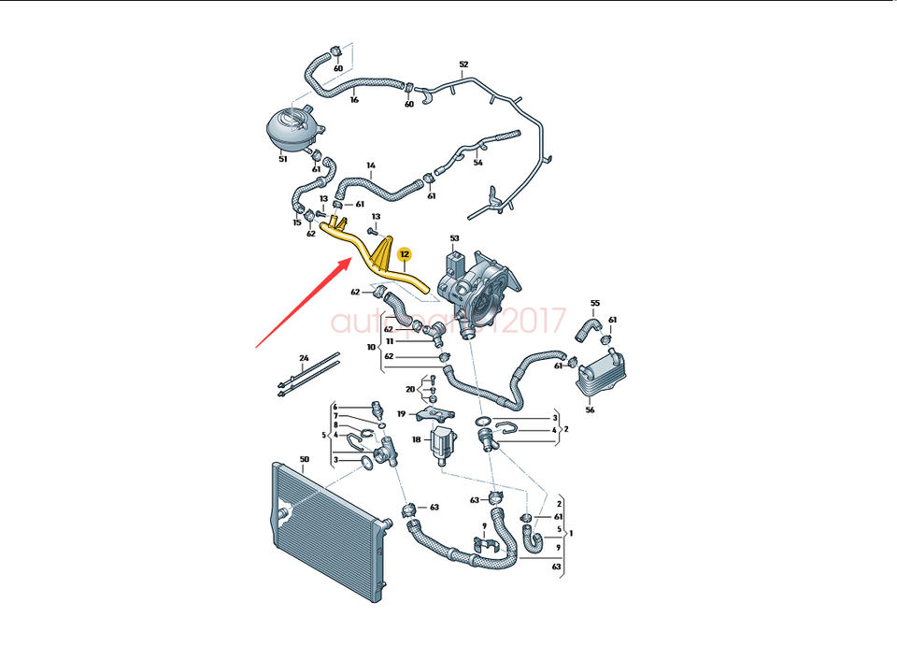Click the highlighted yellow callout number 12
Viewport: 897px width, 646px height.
coord(405,253)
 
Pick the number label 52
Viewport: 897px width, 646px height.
coord(463,65)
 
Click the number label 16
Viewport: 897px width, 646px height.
coord(354,99)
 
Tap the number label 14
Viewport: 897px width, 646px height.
coord(371,166)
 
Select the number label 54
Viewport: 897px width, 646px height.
coord(477,163)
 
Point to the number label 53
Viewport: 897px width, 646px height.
coord(455,239)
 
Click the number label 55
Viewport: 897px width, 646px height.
coord(594,304)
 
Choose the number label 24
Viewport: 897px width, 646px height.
coord(304,359)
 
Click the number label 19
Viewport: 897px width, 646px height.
coord(401,413)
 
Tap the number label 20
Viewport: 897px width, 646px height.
coord(410,389)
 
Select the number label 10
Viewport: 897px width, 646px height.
coord(372,347)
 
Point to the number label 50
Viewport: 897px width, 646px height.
coord(304,459)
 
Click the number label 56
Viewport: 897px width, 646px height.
coord(590,409)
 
